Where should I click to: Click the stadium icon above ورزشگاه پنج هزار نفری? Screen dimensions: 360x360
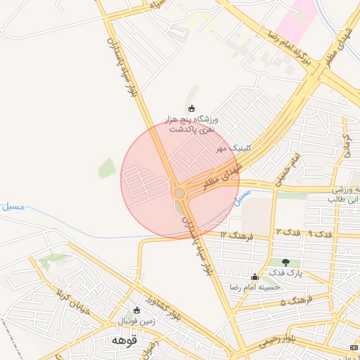[192, 108]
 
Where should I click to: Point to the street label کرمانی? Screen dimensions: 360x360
[345, 146]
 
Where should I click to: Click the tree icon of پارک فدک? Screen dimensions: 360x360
[285, 262]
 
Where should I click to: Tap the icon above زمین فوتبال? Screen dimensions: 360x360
[136, 311]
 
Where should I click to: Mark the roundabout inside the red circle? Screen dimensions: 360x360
[179, 193]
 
